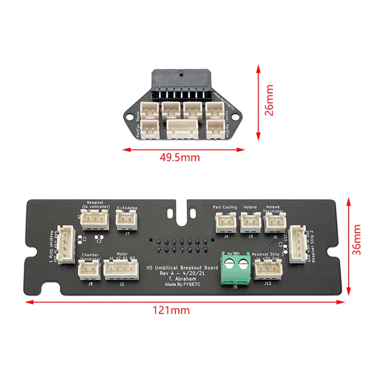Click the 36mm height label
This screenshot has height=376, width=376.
(359, 245)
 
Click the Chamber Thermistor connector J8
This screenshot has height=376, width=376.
(89, 270)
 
